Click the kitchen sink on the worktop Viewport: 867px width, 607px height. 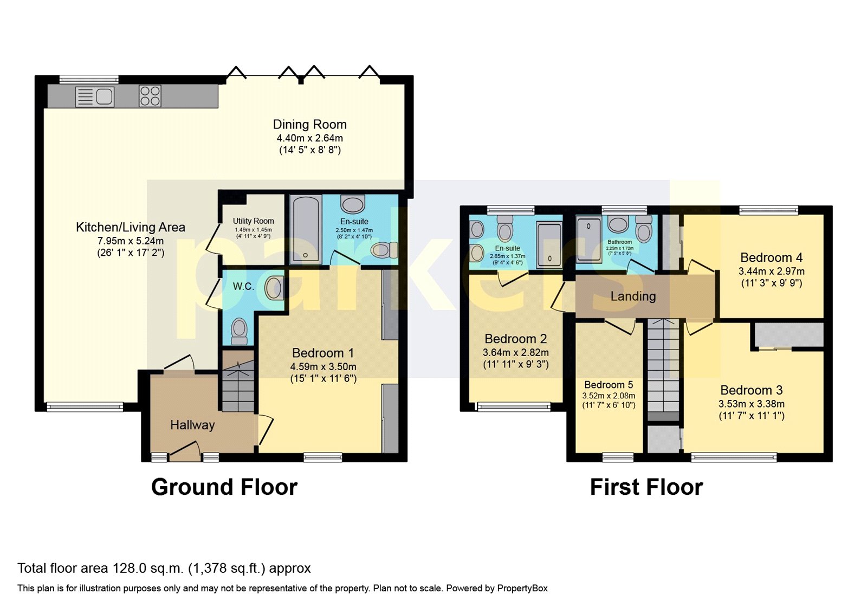[x=95, y=97]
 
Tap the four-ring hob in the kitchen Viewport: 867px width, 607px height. [x=150, y=96]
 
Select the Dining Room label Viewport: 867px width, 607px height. [x=309, y=125]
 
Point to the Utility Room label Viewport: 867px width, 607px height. [x=253, y=221]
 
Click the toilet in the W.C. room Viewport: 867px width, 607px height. [x=239, y=330]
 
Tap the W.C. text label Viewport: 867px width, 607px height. [x=243, y=286]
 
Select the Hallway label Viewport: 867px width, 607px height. [x=192, y=425]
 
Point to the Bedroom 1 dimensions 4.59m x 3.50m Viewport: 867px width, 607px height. [x=323, y=366]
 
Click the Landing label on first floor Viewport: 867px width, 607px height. [x=633, y=296]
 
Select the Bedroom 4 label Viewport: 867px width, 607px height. [x=771, y=257]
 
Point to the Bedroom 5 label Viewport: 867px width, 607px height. [x=608, y=385]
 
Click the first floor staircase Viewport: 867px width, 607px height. [x=663, y=369]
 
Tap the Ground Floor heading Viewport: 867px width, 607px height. [x=224, y=487]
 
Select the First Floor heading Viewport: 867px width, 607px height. [x=646, y=487]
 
